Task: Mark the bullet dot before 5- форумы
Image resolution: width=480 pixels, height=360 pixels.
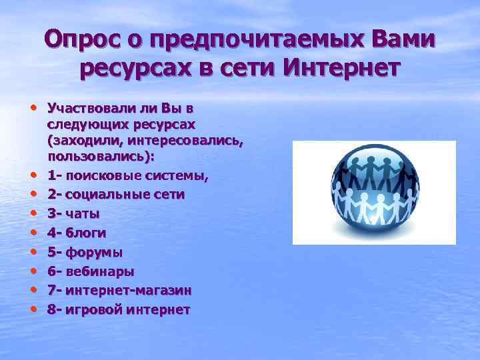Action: pyautogui.click(x=32, y=253)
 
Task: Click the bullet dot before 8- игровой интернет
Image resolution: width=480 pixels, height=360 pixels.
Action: pyautogui.click(x=32, y=310)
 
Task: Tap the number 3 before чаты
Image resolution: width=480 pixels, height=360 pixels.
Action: pyautogui.click(x=52, y=215)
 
